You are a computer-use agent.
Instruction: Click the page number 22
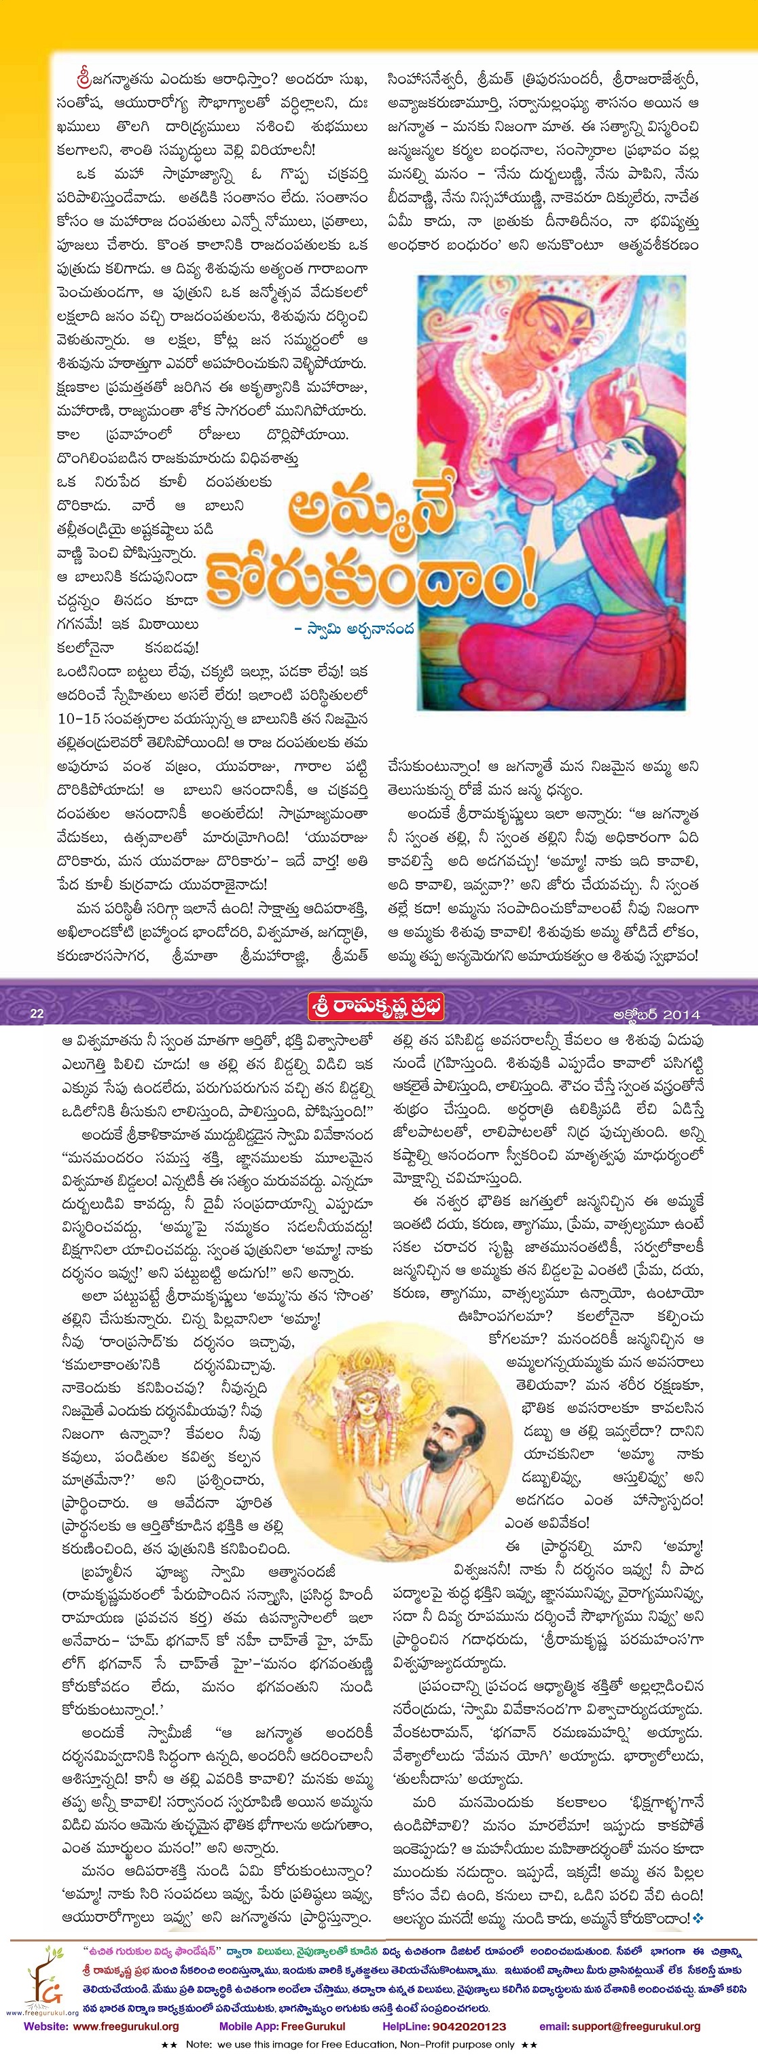click(36, 1014)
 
